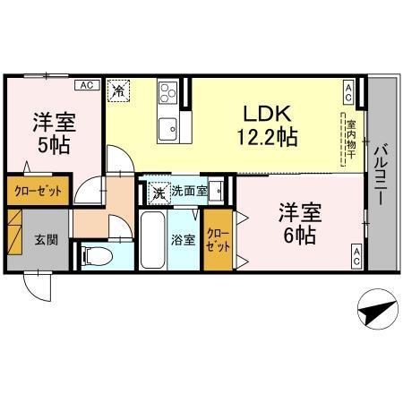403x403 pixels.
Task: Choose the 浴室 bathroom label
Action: pyautogui.click(x=182, y=239)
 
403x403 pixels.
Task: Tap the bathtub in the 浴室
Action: pyautogui.click(x=155, y=239)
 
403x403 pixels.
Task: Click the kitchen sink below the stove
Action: pyautogui.click(x=167, y=130)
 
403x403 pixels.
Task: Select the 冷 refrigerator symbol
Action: pyautogui.click(x=119, y=90)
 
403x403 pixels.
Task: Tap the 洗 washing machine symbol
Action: pyautogui.click(x=157, y=191)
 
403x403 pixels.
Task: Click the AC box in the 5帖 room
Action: pyautogui.click(x=86, y=85)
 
